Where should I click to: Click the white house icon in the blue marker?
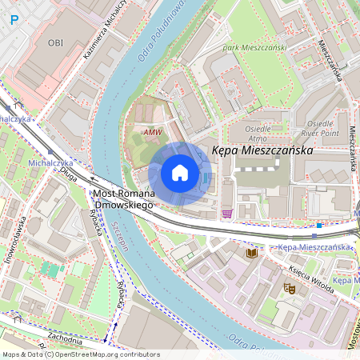tap(180, 173)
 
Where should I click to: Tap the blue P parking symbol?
tap(14, 19)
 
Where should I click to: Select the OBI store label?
tap(55, 42)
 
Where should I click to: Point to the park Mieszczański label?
tap(254, 47)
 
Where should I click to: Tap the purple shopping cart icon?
tap(227, 214)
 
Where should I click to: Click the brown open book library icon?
tap(251, 253)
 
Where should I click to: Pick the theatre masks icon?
tap(288, 286)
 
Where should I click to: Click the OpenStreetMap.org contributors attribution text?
tap(104, 354)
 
